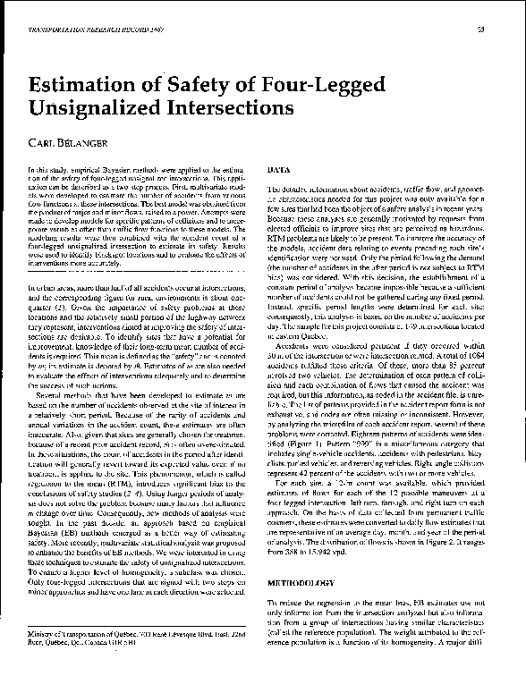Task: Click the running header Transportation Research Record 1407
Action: tap(79, 30)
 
